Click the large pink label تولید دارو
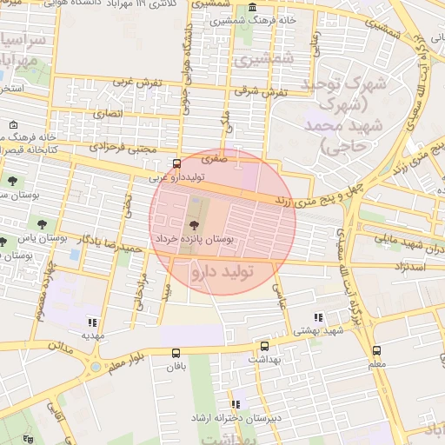[x=221, y=272]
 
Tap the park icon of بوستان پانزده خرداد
[x=193, y=225]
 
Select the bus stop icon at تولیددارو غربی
[x=177, y=163]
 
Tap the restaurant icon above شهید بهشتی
[x=318, y=318]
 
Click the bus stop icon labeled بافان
[x=176, y=353]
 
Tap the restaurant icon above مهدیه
[x=93, y=322]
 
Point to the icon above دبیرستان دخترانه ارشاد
[x=236, y=404]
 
